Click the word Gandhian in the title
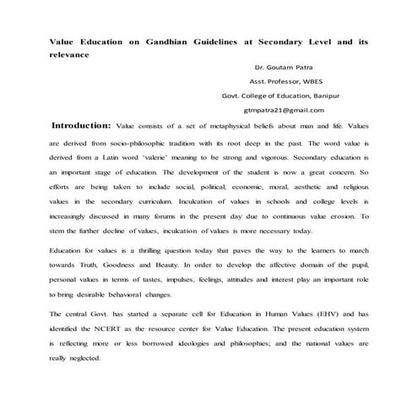[x=156, y=41]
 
